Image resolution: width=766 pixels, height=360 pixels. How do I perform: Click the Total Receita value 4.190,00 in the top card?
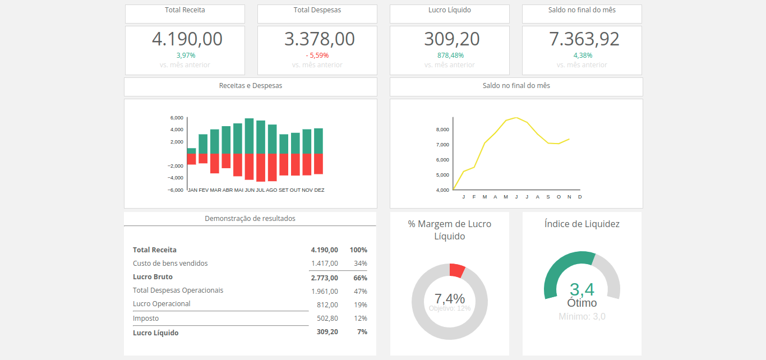187,39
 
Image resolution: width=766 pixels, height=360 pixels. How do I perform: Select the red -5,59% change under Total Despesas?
317,56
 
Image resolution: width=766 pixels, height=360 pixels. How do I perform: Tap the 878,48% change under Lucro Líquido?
450,56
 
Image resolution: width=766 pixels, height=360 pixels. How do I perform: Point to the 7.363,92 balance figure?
584,39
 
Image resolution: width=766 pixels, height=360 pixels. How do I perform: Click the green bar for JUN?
249,136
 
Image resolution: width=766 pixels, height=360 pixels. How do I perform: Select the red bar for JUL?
261,167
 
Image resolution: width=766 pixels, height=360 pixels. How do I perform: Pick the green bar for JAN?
191,151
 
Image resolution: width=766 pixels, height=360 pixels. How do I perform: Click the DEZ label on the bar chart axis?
319,190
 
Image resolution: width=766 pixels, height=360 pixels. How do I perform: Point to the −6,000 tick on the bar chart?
176,190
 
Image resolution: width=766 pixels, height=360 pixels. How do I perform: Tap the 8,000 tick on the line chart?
442,130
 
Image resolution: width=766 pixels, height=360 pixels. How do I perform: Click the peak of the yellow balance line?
516,118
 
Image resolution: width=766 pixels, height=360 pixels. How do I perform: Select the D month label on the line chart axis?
580,197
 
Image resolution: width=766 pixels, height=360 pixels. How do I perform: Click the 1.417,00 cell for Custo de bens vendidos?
325,264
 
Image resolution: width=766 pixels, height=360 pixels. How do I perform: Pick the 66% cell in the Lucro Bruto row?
360,278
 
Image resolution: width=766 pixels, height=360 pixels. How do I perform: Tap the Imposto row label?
146,319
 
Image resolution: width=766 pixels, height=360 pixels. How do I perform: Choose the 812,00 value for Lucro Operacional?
327,305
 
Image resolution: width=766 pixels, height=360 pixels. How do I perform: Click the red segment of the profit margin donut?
456,270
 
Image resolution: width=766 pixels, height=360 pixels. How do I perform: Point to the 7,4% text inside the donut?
450,298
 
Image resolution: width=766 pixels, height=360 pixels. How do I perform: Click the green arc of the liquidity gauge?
564,266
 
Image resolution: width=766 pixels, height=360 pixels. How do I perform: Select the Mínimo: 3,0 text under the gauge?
582,317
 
